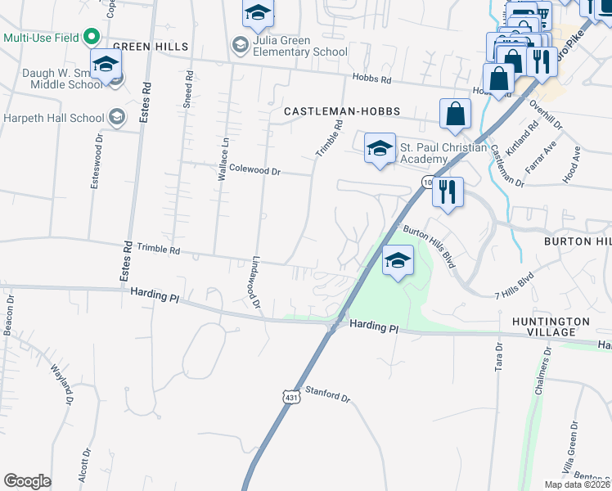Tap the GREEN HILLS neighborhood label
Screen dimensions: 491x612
click(x=151, y=47)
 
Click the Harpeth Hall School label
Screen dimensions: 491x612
click(x=53, y=117)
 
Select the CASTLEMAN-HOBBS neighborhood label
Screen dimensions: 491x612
click(x=336, y=111)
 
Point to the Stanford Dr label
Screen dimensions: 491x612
click(x=327, y=395)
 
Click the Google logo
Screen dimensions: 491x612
click(x=27, y=480)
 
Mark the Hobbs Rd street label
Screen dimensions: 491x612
click(x=372, y=79)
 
